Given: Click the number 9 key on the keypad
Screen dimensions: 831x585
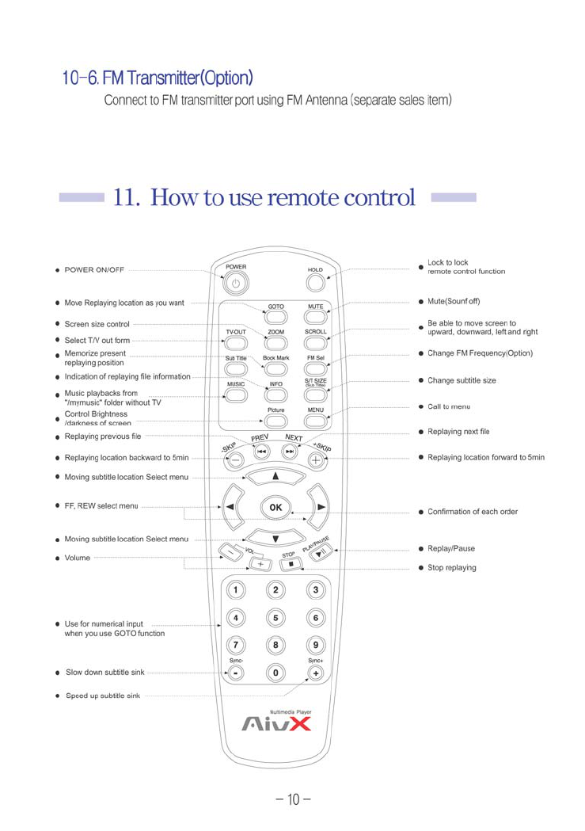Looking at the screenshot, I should pos(316,646).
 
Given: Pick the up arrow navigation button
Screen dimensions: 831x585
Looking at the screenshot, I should pos(275,476).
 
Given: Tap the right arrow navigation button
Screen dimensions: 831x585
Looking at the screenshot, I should pos(321,506).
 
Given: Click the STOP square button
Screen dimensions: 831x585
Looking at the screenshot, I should pos(291,565).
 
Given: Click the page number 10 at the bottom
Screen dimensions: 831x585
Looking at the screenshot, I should pos(291,800).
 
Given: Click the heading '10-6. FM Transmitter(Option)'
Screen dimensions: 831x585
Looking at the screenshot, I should pos(158,78).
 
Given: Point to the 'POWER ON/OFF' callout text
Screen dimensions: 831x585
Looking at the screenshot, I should pos(94,269).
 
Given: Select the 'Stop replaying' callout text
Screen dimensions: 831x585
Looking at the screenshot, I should pos(452,568).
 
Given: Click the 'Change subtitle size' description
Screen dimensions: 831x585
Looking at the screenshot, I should pos(462,380).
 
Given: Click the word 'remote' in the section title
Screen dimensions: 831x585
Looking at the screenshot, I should pos(302,196).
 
